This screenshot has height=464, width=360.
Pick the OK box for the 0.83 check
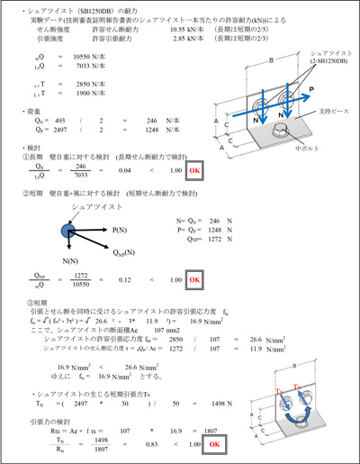point(215,444)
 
